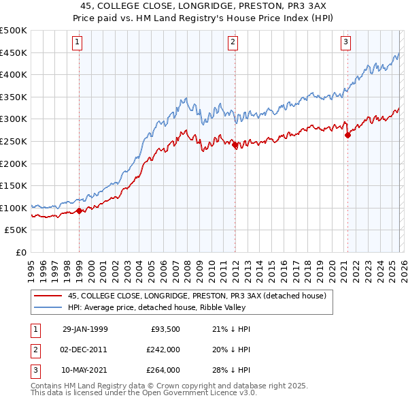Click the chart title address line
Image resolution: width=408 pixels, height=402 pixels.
coord(205,5)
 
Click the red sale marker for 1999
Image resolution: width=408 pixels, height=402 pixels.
coord(79,211)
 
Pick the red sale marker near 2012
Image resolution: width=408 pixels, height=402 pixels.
coord(235,144)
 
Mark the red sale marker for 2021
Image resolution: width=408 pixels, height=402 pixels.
coord(347,135)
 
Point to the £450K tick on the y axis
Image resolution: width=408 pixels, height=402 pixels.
coord(14,52)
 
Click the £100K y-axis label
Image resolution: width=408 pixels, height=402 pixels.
coord(14,208)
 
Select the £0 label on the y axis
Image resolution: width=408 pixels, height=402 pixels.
coord(20,252)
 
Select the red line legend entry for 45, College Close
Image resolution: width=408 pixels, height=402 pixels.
coord(197,296)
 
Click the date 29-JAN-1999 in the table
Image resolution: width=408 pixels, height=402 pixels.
coord(85,329)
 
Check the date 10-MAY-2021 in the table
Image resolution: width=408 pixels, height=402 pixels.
coord(85,370)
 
